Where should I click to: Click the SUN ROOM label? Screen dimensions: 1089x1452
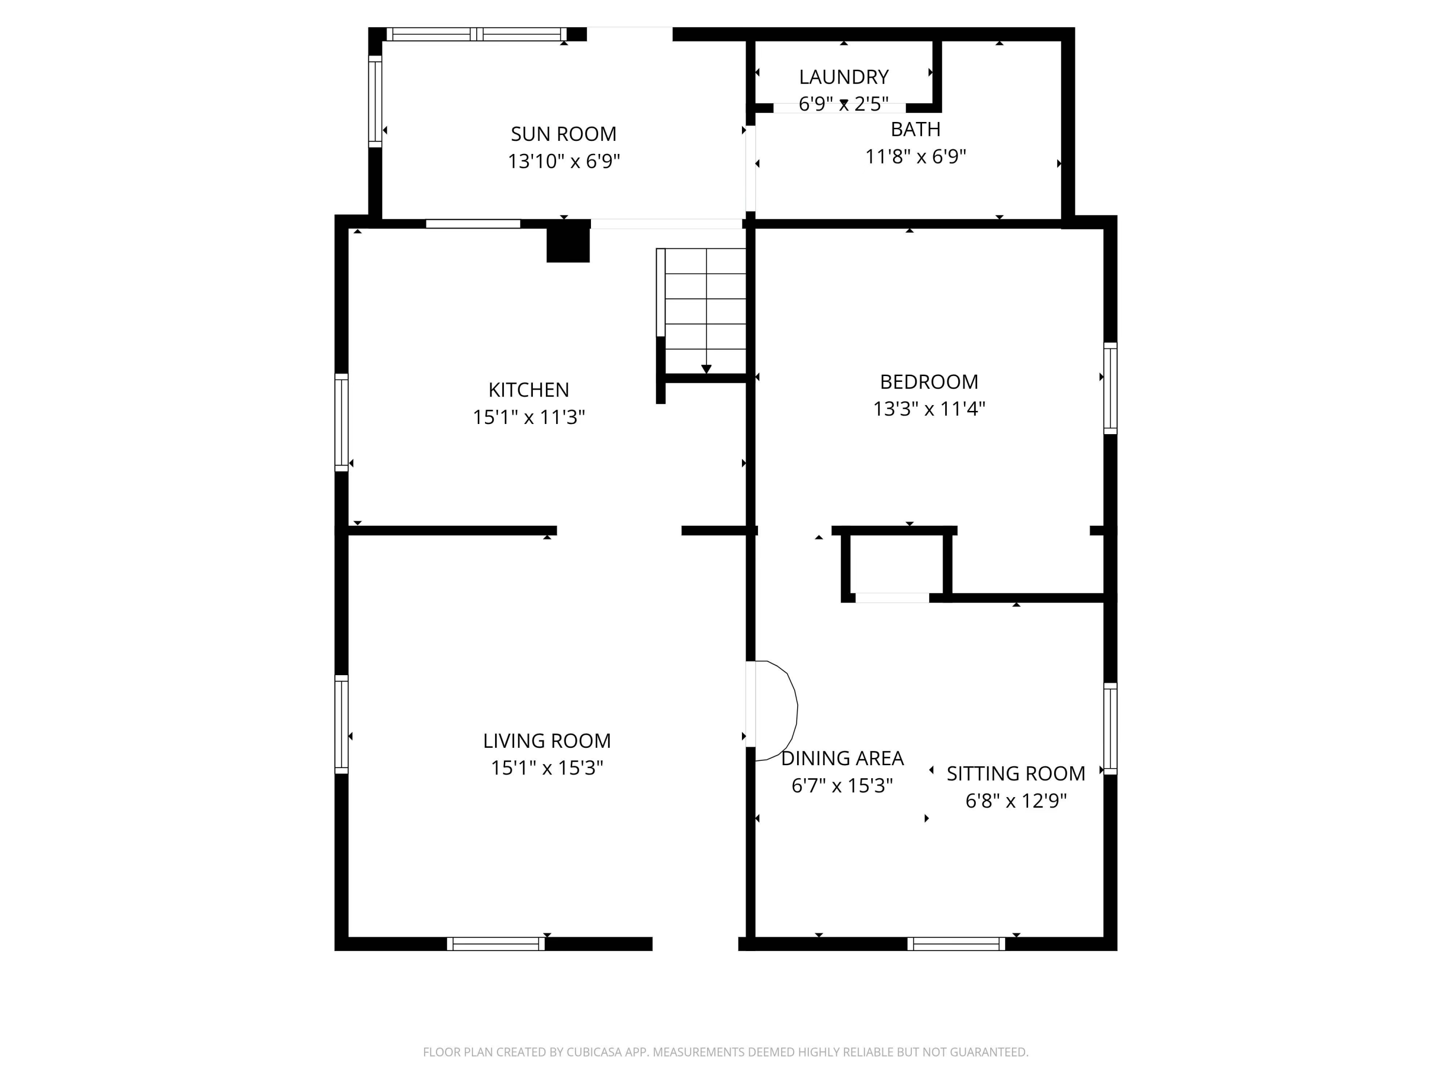[563, 134]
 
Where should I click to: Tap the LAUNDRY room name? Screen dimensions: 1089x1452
[844, 77]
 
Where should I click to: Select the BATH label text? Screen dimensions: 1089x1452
[915, 129]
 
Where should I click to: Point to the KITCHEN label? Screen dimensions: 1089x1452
[529, 390]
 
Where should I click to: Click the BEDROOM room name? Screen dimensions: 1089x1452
[929, 381]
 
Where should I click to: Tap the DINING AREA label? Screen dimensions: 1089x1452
[842, 758]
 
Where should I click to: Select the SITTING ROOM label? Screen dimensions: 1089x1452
[1015, 773]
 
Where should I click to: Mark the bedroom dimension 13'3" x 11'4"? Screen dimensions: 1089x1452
[929, 409]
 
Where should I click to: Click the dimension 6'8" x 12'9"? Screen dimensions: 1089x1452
[1015, 801]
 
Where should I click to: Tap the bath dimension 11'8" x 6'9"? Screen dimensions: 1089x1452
[915, 157]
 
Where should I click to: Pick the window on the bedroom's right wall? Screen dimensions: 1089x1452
[1110, 388]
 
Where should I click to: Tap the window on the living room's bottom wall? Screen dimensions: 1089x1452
[496, 944]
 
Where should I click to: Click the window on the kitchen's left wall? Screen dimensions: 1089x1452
[341, 422]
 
